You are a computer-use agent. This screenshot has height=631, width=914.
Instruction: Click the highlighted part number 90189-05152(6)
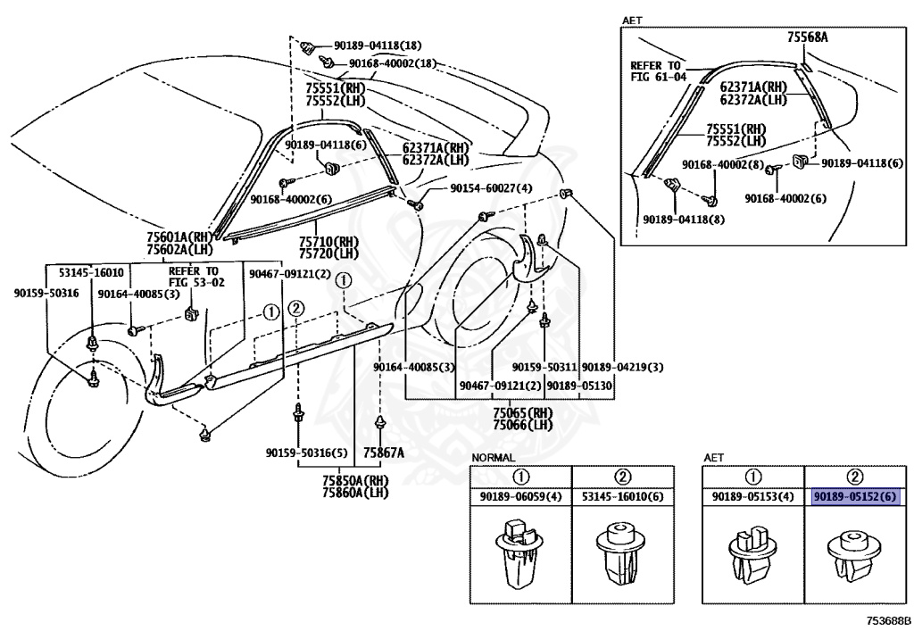coord(854,497)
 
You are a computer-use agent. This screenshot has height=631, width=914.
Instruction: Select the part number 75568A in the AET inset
coord(808,37)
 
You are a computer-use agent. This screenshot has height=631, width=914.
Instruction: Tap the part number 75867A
coord(384,452)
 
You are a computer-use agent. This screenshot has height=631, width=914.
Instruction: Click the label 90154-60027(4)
coord(492,188)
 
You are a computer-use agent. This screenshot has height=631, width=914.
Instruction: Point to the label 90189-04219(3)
coord(622,367)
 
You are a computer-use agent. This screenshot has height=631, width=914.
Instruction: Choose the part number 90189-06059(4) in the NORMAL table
coord(521,497)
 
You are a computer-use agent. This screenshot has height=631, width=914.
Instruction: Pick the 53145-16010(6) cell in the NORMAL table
coord(622,497)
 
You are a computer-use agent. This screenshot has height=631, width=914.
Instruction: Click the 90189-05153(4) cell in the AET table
coord(753,497)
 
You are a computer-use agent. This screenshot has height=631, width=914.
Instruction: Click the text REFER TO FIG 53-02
coord(196,277)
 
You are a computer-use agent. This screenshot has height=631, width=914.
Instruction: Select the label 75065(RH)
coord(523,413)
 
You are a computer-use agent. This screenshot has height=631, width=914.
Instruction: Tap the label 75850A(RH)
coord(355,481)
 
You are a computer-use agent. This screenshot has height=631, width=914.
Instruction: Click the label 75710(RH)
coord(328,242)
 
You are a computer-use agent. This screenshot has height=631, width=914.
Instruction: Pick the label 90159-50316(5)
coord(307,452)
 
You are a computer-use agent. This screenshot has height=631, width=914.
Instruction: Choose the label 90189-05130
coord(579,386)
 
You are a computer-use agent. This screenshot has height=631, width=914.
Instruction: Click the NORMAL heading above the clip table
coord(493,458)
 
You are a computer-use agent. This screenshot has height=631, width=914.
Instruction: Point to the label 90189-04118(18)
coord(378,46)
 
